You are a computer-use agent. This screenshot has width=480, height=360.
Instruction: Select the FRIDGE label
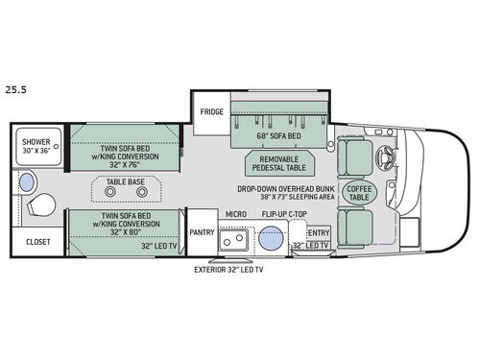coord(211,111)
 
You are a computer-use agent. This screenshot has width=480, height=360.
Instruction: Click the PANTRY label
coord(201,231)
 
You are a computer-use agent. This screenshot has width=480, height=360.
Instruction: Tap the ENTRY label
coord(318,232)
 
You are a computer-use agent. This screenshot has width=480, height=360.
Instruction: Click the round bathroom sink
coord(28,180)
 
